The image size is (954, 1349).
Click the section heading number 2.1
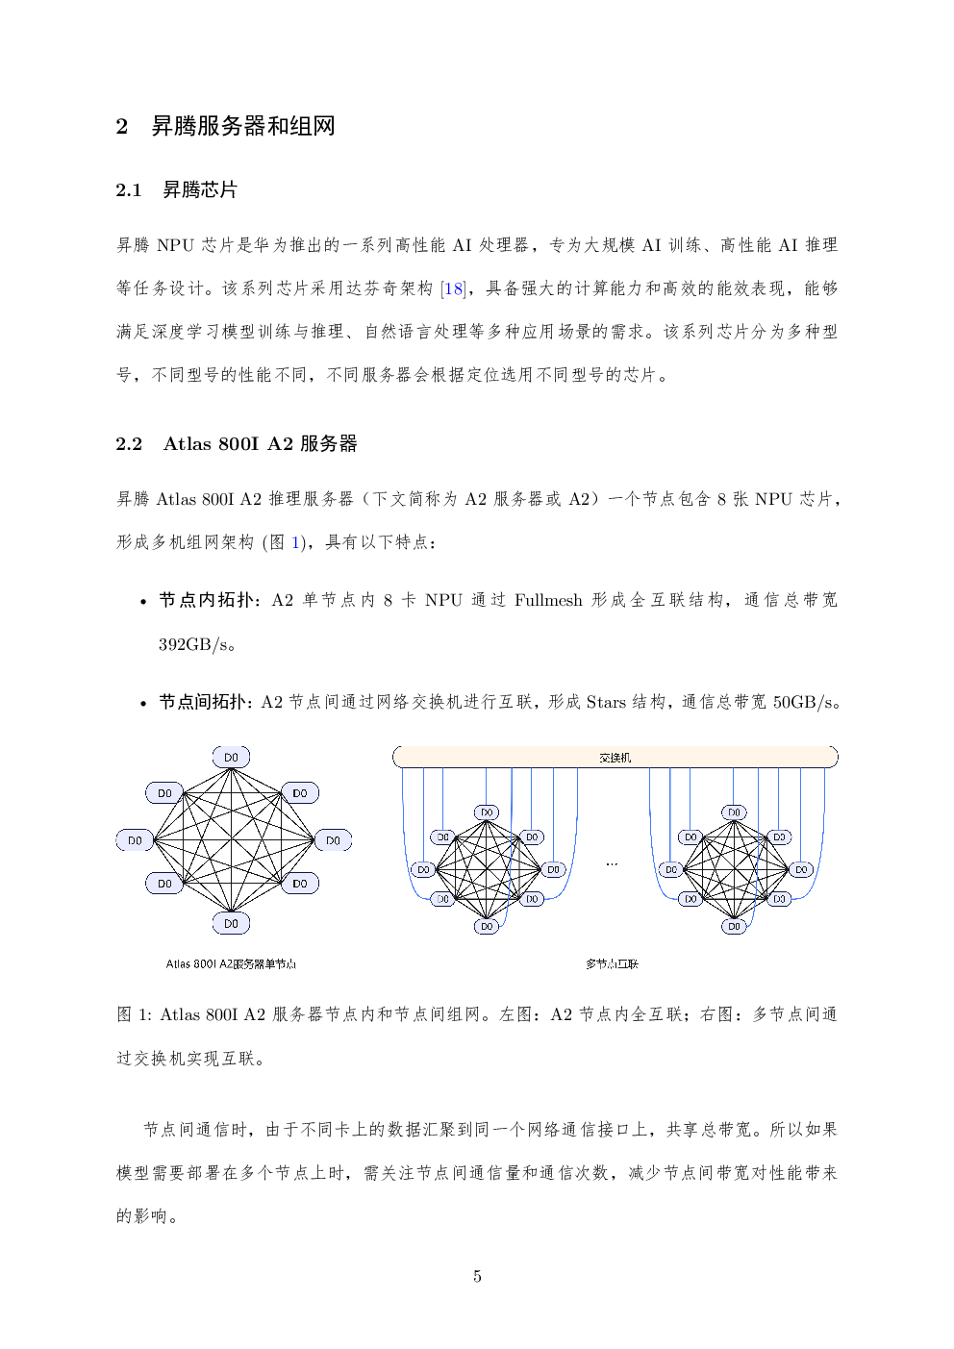(x=128, y=190)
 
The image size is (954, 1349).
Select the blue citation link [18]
(x=453, y=289)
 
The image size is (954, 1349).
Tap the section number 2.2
(x=129, y=444)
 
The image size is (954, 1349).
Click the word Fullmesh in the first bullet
(x=548, y=600)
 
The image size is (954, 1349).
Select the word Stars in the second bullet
(x=606, y=702)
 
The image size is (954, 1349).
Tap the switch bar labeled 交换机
(x=615, y=757)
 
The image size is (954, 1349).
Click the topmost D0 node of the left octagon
(x=231, y=757)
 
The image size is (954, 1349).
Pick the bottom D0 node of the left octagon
(x=231, y=923)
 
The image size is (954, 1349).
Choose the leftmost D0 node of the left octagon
(x=135, y=840)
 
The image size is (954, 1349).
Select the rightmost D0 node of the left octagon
(x=333, y=840)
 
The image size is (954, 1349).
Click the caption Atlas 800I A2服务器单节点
(x=231, y=964)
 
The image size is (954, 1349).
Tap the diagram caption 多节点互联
(x=612, y=964)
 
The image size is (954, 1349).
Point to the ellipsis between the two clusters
(x=612, y=864)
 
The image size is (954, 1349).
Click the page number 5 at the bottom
(x=477, y=1276)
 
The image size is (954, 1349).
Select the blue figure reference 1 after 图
(x=295, y=542)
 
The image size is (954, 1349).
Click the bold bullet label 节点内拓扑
(x=206, y=600)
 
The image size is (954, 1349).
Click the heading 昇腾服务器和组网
(x=242, y=127)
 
